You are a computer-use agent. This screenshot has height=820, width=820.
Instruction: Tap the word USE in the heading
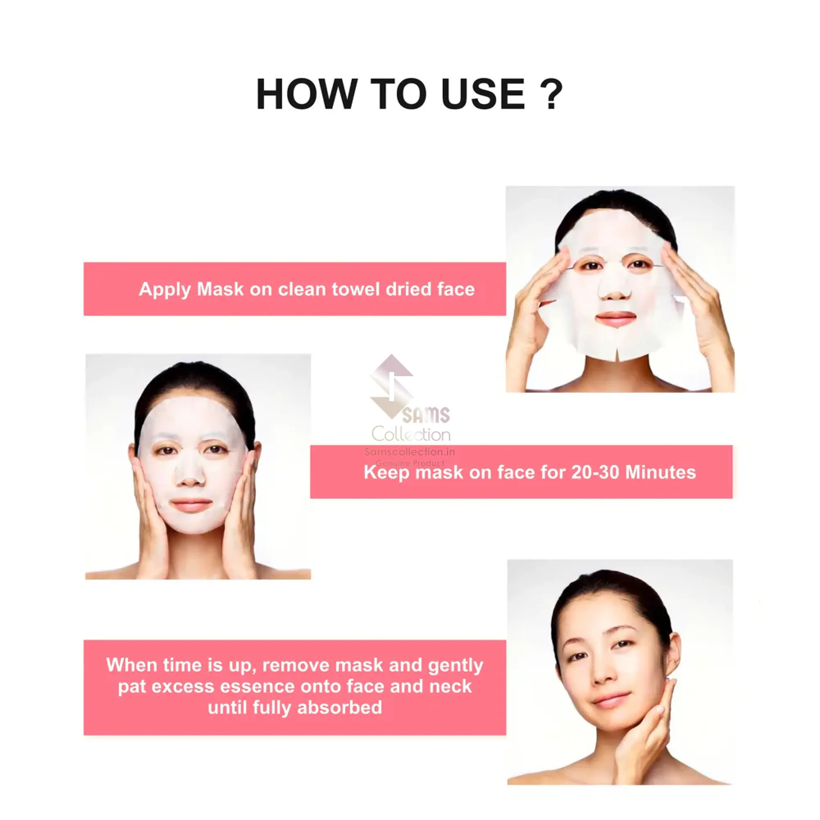483,94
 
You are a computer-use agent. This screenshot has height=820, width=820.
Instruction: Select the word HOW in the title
305,94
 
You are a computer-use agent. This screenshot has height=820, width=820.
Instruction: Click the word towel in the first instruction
355,289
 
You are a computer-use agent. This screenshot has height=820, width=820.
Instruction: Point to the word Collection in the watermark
411,434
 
